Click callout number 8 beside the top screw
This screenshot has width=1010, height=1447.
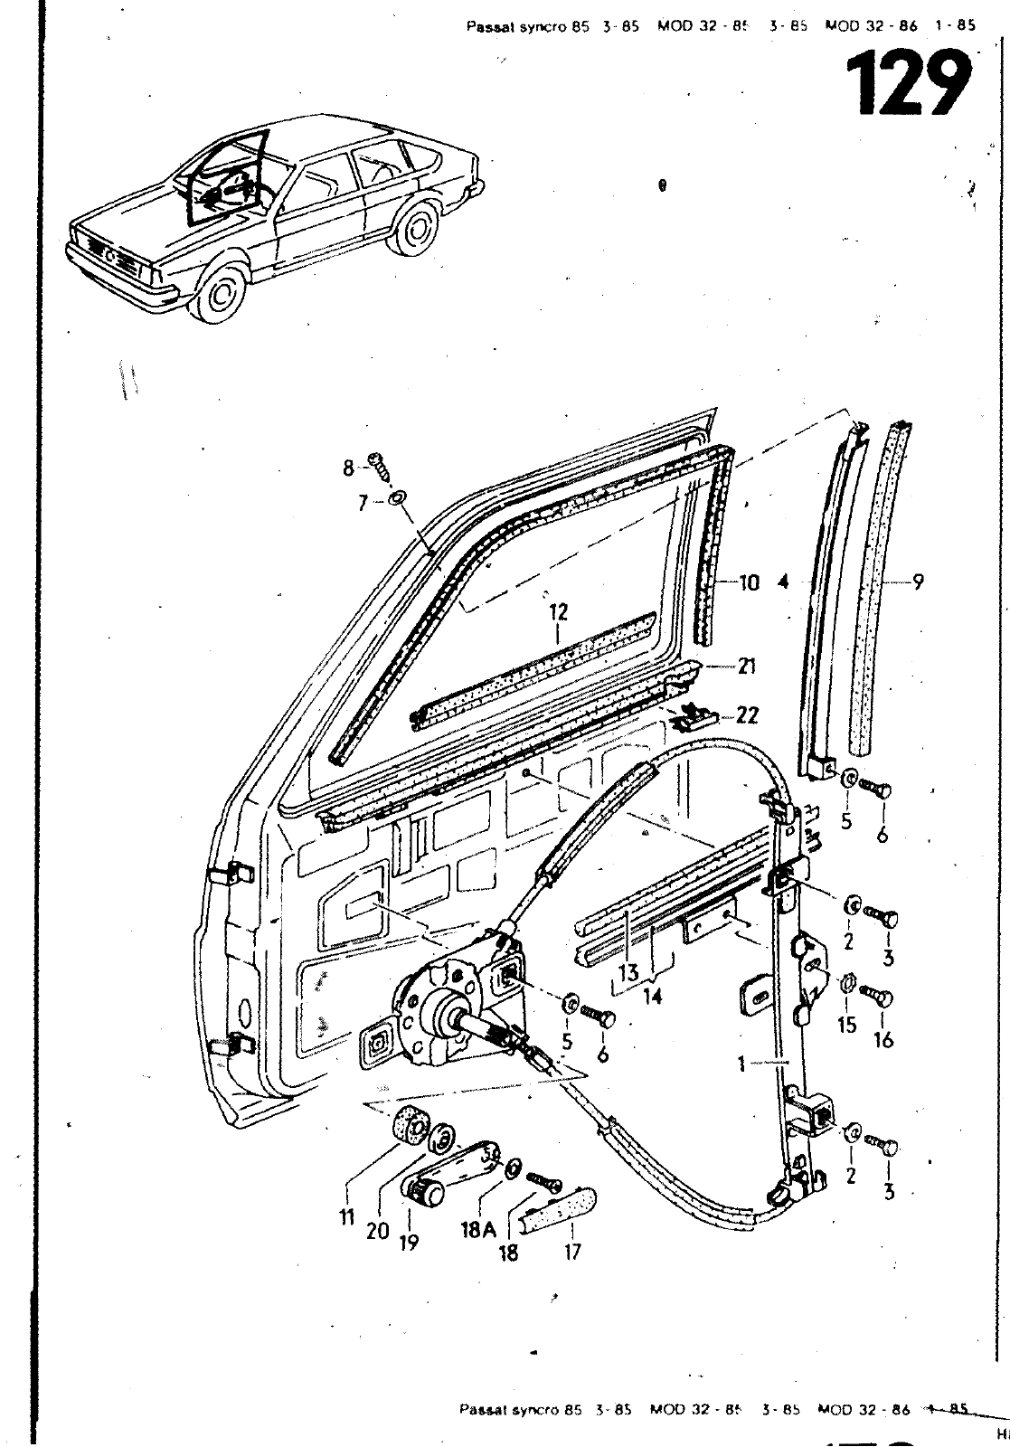tap(349, 467)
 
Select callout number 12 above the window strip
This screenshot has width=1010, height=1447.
tap(558, 613)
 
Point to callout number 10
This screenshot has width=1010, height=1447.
tap(749, 583)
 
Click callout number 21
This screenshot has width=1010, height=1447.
tap(746, 667)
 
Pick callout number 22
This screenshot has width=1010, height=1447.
tap(747, 715)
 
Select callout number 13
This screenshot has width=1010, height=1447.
tap(628, 974)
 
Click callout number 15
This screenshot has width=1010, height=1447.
tap(847, 1026)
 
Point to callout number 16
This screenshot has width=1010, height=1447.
tap(883, 1040)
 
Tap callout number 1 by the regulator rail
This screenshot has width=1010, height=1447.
tap(741, 1065)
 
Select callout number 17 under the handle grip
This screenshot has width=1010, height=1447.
tap(571, 1252)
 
